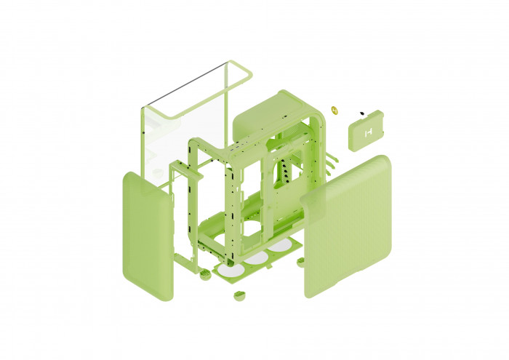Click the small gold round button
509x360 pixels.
pos(334,111)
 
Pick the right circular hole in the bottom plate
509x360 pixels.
pos(280,246)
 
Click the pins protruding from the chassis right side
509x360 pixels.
pos(332,164)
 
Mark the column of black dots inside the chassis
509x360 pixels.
pos(285,171)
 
